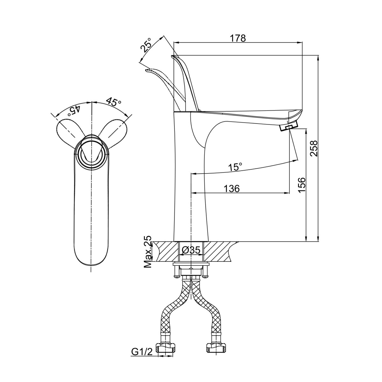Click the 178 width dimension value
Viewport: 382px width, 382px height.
[x=238, y=38]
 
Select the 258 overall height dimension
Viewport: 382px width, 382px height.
[x=314, y=148]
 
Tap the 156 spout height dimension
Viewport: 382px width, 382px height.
[x=302, y=185]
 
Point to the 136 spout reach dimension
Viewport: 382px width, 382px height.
[x=232, y=189]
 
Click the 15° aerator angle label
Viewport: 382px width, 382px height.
[x=236, y=166]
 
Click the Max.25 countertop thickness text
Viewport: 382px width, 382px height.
[x=147, y=252]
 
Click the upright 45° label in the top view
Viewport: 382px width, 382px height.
[x=114, y=102]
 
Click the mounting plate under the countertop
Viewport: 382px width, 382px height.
[x=191, y=264]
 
